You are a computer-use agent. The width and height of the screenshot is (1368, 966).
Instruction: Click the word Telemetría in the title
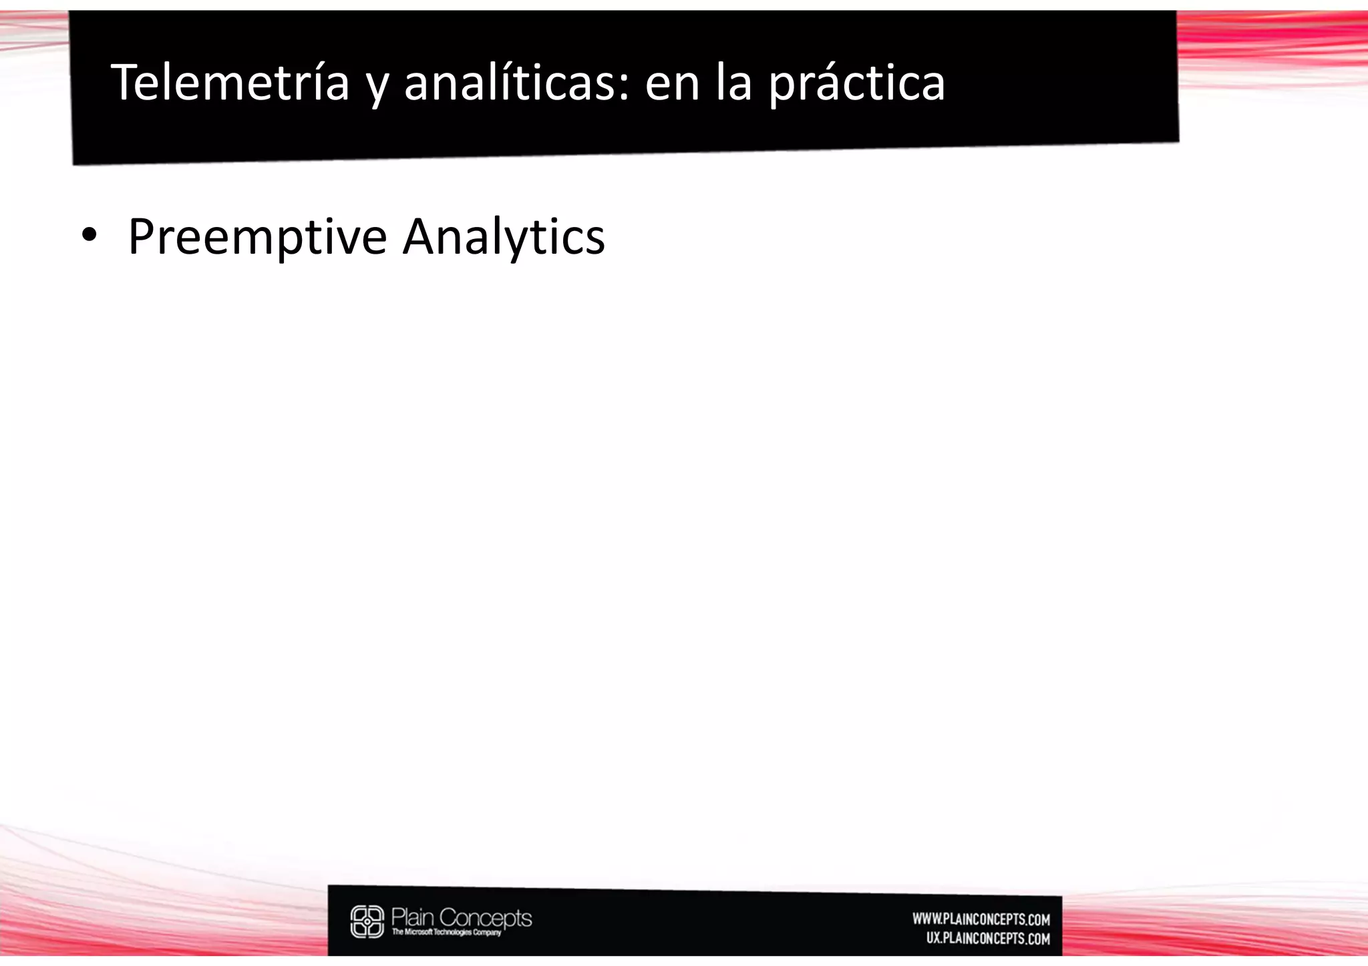(230, 83)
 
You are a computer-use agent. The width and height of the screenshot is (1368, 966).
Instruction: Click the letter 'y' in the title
(377, 89)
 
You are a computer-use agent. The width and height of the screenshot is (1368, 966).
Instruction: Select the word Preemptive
(257, 238)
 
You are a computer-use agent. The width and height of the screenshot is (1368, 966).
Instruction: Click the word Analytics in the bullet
(504, 238)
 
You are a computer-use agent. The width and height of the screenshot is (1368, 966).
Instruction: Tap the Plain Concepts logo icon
(367, 921)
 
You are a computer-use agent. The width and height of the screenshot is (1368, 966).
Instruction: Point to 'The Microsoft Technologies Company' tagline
(446, 933)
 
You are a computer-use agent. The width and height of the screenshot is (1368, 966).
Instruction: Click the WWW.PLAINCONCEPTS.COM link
(981, 919)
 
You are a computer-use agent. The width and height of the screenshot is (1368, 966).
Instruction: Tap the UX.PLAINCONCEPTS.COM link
(988, 939)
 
